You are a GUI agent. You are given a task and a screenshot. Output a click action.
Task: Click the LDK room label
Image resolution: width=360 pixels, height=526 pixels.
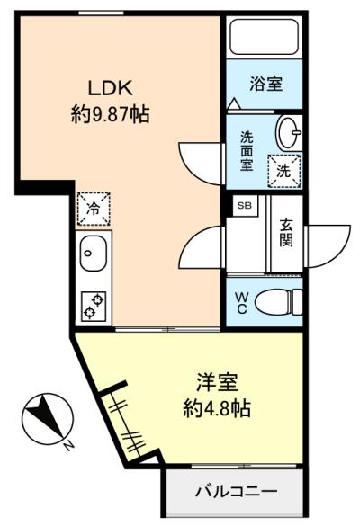[110, 87]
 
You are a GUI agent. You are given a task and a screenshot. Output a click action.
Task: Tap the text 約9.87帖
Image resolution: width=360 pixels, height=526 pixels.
[110, 114]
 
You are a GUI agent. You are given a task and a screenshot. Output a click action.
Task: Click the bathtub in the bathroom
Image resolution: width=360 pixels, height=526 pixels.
[265, 36]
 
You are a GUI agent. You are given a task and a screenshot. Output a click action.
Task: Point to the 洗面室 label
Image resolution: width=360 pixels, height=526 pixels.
[247, 152]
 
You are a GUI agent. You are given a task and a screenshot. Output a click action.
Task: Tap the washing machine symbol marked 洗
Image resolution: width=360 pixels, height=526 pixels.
[283, 168]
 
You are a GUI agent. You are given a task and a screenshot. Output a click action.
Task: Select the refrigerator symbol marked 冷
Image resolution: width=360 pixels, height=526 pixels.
[94, 209]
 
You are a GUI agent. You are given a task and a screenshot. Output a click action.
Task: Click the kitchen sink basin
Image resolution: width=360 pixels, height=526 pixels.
[93, 254]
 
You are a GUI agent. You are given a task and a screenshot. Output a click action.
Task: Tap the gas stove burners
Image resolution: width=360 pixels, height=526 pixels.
[93, 305]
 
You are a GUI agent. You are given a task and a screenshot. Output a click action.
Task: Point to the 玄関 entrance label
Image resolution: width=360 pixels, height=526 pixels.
[286, 232]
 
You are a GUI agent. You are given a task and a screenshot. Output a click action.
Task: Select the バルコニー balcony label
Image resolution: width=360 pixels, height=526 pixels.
[237, 493]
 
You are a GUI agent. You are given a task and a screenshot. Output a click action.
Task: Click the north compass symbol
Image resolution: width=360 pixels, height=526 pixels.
[44, 419]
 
